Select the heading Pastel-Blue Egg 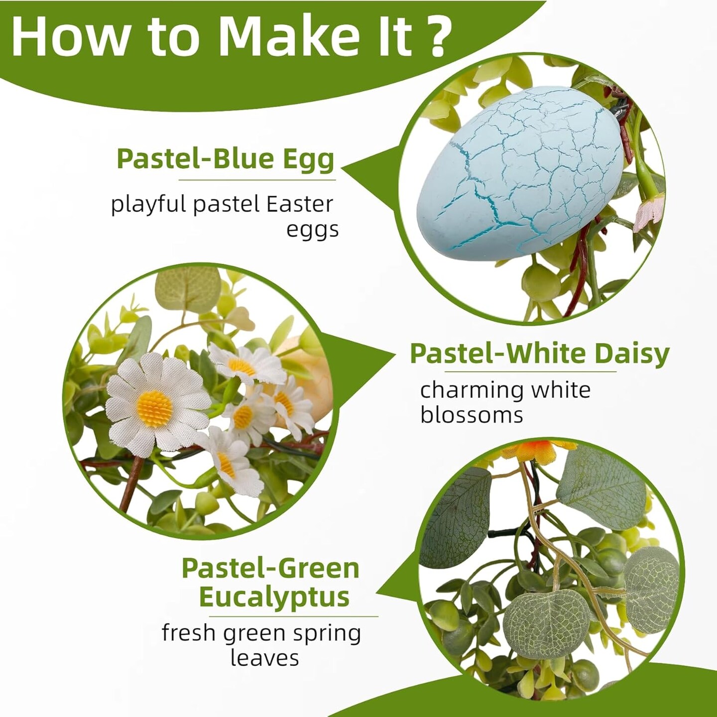[226, 159]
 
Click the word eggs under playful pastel [312, 231]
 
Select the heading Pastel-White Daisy [540, 354]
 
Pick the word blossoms [472, 415]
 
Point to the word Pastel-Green [270, 568]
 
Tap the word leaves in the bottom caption [264, 658]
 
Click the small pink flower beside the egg [646, 213]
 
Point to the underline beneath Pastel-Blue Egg [257, 180]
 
